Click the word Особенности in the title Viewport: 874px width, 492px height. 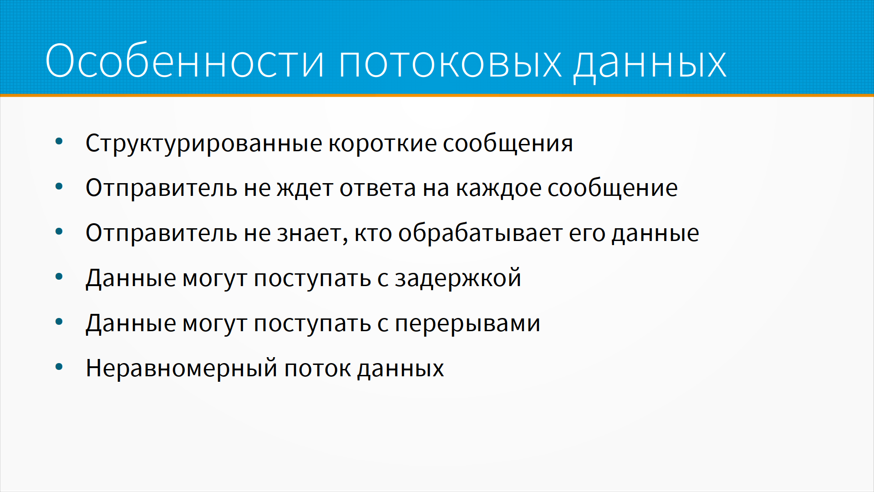185,61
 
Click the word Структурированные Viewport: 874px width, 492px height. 204,143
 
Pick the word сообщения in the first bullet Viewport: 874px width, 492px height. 508,144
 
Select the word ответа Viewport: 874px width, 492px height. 378,188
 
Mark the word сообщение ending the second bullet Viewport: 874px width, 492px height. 613,188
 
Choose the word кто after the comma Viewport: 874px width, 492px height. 373,233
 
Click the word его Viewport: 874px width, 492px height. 587,234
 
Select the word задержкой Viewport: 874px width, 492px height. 458,278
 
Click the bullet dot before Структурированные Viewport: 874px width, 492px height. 59,142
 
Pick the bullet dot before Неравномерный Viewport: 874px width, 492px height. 59,367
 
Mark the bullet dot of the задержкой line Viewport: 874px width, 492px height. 59,277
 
